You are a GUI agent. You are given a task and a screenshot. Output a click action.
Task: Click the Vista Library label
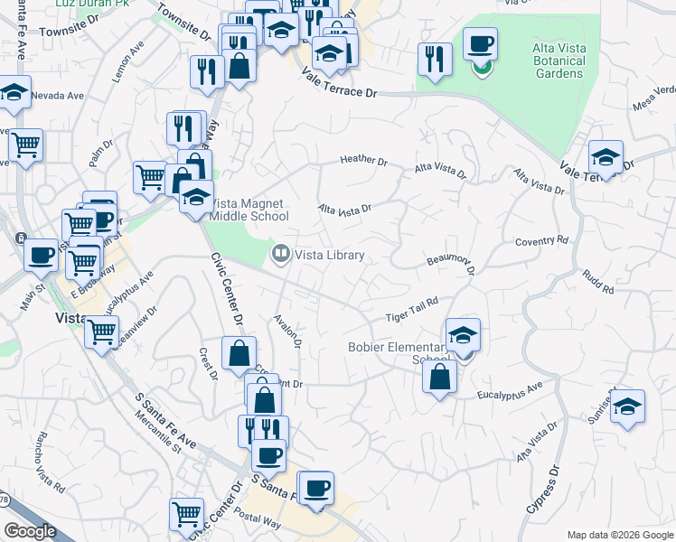tap(331, 256)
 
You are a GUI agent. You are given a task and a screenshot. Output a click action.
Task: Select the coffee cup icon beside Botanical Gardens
tap(481, 43)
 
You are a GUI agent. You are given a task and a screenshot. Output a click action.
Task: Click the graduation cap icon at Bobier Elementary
tap(463, 335)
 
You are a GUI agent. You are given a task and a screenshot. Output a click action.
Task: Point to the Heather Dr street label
tap(363, 161)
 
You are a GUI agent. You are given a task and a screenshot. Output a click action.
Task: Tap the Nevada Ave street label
tap(57, 95)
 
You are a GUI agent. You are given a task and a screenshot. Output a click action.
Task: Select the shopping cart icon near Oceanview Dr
tap(101, 332)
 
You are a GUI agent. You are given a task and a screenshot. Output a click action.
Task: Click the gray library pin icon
tap(281, 256)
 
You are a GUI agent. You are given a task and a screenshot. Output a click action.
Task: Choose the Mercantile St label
tap(153, 433)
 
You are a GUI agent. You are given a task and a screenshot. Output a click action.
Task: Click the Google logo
tap(30, 531)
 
